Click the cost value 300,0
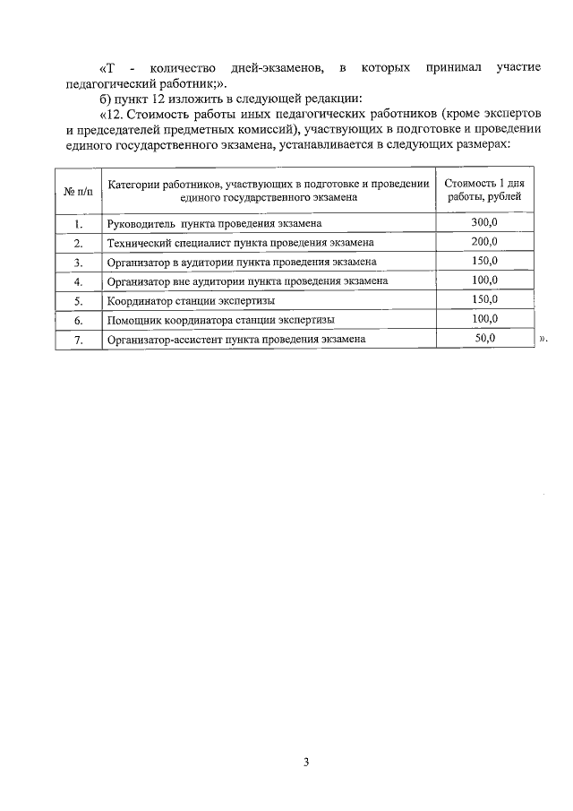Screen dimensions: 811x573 pos(484,222)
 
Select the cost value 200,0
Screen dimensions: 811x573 pos(484,242)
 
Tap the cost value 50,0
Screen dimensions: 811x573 pos(484,339)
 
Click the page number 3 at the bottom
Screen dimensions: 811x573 pos(305,763)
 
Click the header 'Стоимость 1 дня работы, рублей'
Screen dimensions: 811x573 pos(484,190)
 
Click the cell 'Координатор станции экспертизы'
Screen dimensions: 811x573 pos(191,300)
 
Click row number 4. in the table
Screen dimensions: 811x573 pos(78,281)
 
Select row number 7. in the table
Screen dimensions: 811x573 pos(78,340)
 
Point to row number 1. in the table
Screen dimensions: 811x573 pos(78,223)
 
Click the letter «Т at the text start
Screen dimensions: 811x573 pos(107,68)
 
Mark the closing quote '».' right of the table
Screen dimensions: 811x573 pos(542,341)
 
